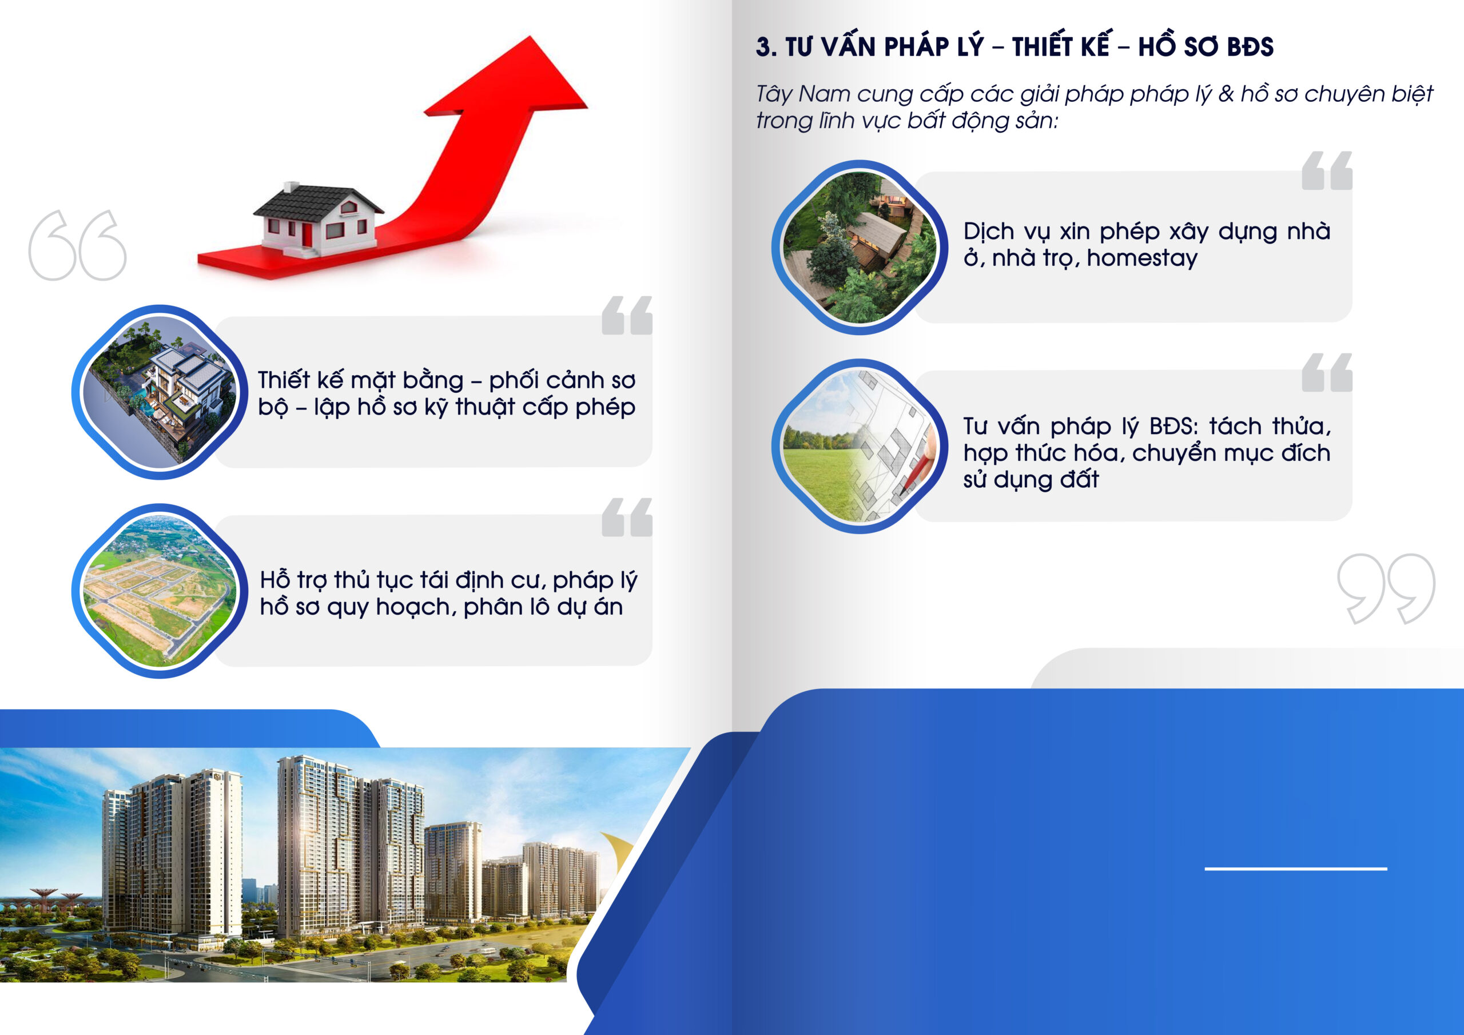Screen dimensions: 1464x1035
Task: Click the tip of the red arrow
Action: [530, 37]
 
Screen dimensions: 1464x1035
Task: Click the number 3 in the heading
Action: [763, 47]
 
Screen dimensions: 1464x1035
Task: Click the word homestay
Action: [1142, 258]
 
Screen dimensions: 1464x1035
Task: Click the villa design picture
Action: [160, 392]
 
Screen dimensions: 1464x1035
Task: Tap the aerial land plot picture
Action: [160, 591]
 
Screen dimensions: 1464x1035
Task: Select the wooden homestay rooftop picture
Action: [860, 247]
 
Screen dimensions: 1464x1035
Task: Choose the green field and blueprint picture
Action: [860, 446]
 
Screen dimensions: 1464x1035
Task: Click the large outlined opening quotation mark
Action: [77, 245]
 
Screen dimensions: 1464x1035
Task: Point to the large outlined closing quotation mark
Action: [1386, 588]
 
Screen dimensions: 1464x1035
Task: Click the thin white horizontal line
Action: [1296, 869]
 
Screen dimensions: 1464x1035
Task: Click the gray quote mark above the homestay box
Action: [1327, 171]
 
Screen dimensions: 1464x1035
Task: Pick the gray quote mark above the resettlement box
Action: [627, 517]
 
